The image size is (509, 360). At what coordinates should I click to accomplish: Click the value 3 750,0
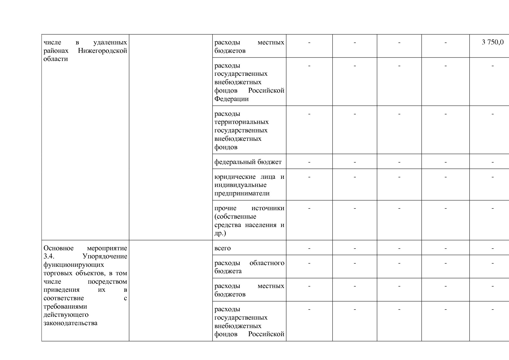click(x=492, y=42)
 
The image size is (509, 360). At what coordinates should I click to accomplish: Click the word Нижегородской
click(x=102, y=51)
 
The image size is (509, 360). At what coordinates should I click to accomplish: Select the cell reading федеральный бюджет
click(x=248, y=162)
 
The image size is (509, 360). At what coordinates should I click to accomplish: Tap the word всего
click(x=223, y=248)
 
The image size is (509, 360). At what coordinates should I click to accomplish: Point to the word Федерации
click(x=231, y=99)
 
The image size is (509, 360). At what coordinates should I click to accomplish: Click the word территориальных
click(x=241, y=122)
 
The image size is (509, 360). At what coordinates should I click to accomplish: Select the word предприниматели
click(x=242, y=193)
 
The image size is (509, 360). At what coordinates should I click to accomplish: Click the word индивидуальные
click(x=240, y=185)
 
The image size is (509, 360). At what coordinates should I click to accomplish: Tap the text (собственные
click(x=235, y=217)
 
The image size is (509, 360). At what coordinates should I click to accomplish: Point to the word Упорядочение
click(x=105, y=257)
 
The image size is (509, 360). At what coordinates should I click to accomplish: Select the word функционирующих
click(x=74, y=265)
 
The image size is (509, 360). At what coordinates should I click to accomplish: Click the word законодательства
click(x=71, y=323)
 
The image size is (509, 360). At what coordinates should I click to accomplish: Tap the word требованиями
click(x=65, y=307)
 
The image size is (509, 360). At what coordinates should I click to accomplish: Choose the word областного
click(x=267, y=263)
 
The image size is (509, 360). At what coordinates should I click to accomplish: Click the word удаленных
click(x=110, y=42)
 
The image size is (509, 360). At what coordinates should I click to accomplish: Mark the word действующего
click(x=66, y=315)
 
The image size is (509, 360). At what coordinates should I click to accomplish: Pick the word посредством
click(x=107, y=282)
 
